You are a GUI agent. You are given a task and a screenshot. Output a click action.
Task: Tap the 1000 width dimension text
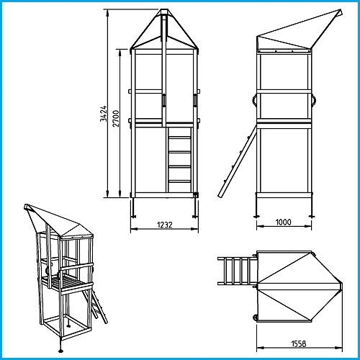point(283,222)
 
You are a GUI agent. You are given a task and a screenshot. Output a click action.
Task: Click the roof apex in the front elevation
point(164,12)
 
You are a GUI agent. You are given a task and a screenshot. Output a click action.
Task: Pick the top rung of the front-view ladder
point(179,136)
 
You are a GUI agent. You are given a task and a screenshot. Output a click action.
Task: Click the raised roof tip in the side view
point(341,12)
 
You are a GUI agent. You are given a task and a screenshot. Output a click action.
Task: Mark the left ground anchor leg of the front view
point(135,208)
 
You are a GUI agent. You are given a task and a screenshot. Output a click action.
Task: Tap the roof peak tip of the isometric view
point(27,206)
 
